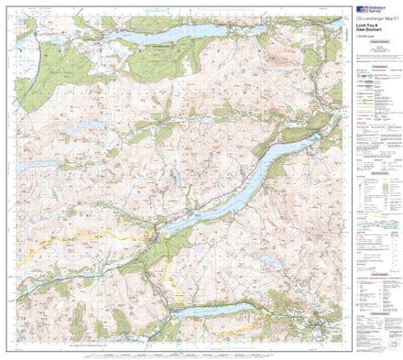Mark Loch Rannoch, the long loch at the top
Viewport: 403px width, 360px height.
[179, 31]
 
